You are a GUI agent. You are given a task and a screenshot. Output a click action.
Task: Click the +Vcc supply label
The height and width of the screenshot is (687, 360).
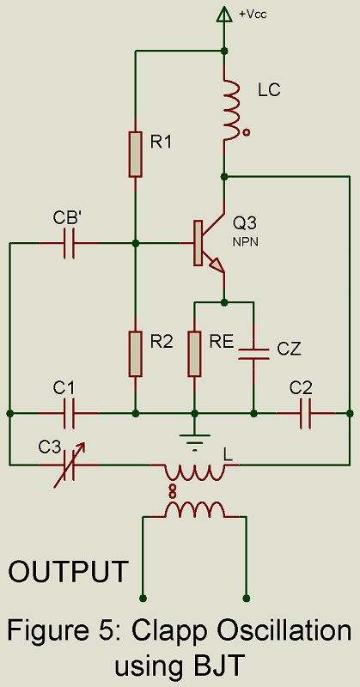click(x=253, y=14)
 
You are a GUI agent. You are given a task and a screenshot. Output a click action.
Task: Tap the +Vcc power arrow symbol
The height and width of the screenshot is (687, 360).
click(x=224, y=14)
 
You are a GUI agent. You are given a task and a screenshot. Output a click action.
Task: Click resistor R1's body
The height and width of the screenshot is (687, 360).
click(x=136, y=154)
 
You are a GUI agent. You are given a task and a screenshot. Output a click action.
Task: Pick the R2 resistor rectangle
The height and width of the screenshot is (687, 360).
click(x=136, y=354)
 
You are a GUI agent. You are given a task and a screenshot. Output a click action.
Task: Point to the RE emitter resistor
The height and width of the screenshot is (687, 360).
click(x=195, y=354)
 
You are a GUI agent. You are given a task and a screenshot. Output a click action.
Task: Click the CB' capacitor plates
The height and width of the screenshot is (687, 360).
click(x=69, y=243)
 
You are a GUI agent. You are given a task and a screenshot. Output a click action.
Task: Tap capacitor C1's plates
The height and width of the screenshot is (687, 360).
click(x=69, y=413)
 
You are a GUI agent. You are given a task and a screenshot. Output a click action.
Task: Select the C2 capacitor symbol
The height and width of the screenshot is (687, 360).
click(x=306, y=413)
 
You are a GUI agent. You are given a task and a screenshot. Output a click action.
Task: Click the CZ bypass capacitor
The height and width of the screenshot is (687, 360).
click(x=253, y=354)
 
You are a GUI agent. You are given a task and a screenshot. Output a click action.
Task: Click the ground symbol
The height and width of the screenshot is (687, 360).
click(x=195, y=441)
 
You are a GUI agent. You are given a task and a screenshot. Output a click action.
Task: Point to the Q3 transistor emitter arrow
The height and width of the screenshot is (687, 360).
click(x=217, y=266)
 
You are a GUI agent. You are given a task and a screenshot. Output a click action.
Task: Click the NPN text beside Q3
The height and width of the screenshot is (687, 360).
click(x=246, y=241)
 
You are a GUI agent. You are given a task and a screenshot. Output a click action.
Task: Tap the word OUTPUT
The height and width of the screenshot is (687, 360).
click(x=69, y=571)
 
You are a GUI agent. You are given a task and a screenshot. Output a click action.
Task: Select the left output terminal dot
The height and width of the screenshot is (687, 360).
click(x=142, y=598)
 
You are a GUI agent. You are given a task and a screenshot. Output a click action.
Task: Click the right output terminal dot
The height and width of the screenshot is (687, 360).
click(x=246, y=598)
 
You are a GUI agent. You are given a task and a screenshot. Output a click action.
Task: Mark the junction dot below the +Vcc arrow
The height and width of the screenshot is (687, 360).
click(x=224, y=51)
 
